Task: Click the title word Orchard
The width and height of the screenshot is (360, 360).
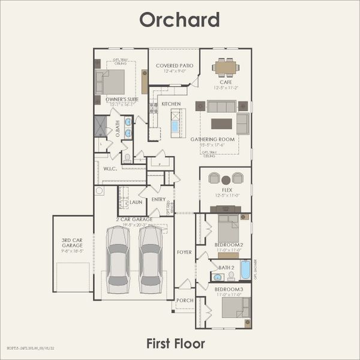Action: [x=179, y=19]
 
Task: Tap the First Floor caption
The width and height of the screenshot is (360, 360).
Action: [x=176, y=343]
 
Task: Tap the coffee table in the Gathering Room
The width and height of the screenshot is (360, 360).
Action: [x=221, y=124]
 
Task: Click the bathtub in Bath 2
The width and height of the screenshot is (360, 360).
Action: [x=245, y=269]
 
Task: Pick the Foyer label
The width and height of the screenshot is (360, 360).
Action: [x=184, y=252]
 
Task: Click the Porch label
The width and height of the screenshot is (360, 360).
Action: [x=184, y=301]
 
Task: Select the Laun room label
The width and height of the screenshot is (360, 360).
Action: [x=136, y=202]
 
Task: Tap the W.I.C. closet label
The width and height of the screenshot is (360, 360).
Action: [x=109, y=169]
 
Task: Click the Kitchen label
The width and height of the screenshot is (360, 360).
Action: [x=171, y=104]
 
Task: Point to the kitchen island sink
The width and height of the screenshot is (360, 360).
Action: [x=175, y=127]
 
